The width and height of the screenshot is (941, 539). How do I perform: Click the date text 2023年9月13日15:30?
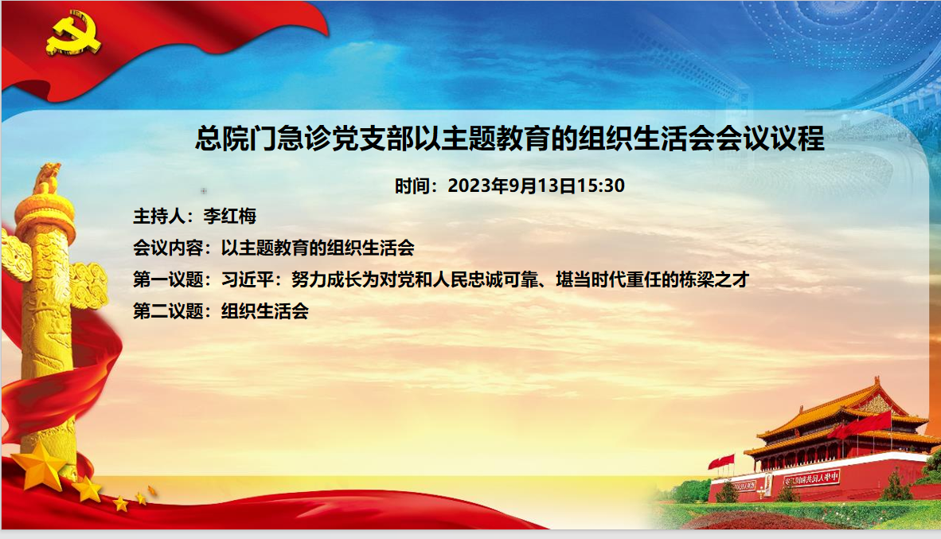pyautogui.click(x=536, y=186)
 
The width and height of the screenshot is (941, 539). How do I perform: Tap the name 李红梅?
pyautogui.click(x=230, y=216)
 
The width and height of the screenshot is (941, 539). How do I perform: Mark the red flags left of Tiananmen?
pyautogui.click(x=721, y=461)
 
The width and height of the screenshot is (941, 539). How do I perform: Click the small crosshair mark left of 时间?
pyautogui.click(x=205, y=190)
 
